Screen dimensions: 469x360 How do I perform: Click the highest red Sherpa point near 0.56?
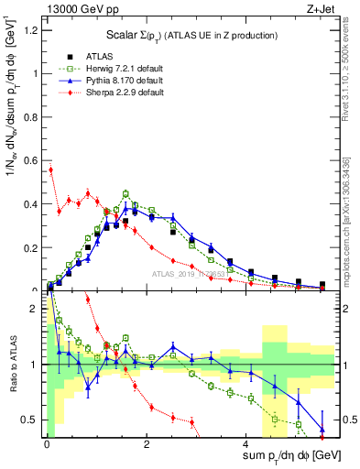point(51,169)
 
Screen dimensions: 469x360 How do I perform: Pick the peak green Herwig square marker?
point(125,193)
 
